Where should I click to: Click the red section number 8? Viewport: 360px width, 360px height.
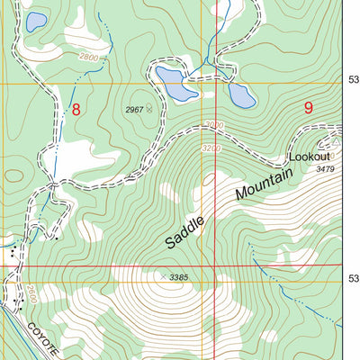tap(76, 110)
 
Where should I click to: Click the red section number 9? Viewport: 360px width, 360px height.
tap(309, 108)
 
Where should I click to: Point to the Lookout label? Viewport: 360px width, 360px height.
tap(309, 157)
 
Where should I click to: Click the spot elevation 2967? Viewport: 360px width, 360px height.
tap(134, 109)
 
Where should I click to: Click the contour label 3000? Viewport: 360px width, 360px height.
tap(212, 125)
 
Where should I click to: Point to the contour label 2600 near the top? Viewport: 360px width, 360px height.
tap(88, 58)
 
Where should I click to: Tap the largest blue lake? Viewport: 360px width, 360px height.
tap(176, 84)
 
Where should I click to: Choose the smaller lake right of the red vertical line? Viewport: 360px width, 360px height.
tap(240, 94)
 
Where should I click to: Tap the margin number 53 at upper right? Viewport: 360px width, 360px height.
tap(353, 80)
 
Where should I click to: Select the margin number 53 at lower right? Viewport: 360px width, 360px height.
tap(353, 278)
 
